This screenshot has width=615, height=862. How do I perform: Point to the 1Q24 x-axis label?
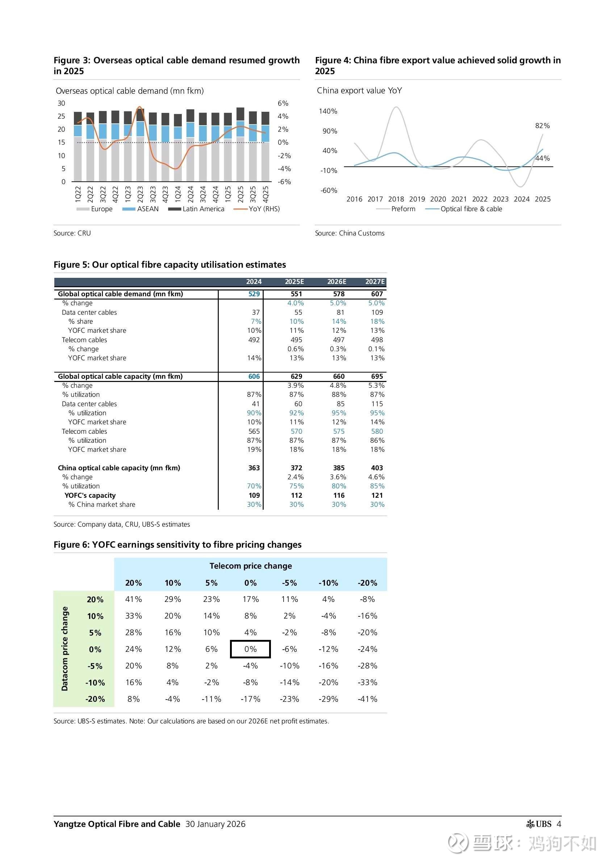177,193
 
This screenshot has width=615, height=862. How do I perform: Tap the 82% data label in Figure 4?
542,126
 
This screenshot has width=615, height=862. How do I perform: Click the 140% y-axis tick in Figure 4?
328,111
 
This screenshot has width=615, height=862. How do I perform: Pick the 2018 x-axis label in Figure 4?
396,199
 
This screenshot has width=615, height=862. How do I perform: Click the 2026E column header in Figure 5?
337,282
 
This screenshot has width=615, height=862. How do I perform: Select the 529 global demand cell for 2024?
254,294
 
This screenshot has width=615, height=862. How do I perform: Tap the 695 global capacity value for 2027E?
377,376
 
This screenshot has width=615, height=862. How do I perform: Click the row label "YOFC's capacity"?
90,496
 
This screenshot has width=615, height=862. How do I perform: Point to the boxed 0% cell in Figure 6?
250,649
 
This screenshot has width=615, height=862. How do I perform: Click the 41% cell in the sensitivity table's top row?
133,599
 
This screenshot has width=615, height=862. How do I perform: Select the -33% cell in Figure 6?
367,682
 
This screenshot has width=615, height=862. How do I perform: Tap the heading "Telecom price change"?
251,566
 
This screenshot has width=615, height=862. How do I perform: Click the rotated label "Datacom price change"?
65,649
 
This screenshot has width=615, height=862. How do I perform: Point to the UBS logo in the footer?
539,824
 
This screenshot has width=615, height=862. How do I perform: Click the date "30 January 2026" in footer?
215,824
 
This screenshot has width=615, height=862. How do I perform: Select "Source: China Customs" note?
350,233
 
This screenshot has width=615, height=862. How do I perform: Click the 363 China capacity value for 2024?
254,468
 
